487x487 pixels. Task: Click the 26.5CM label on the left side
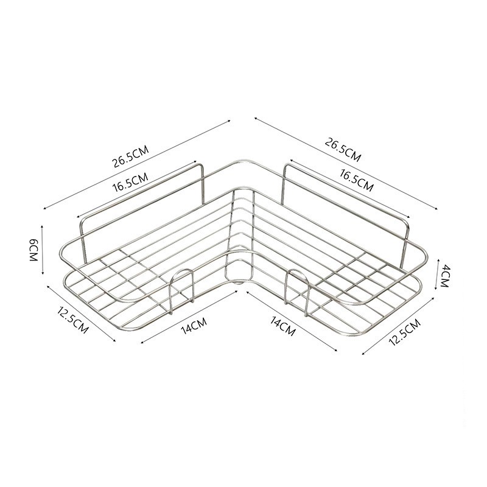tap(131, 156)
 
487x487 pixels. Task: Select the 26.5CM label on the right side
tap(343, 150)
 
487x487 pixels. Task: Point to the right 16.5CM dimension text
tap(357, 180)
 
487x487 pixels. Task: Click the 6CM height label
tap(33, 250)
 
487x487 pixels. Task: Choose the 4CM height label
tap(445, 276)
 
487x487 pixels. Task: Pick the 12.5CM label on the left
tap(72, 320)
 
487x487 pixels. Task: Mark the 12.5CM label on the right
tap(405, 332)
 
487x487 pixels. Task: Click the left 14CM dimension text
tap(194, 326)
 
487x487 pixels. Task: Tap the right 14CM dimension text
tap(282, 326)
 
